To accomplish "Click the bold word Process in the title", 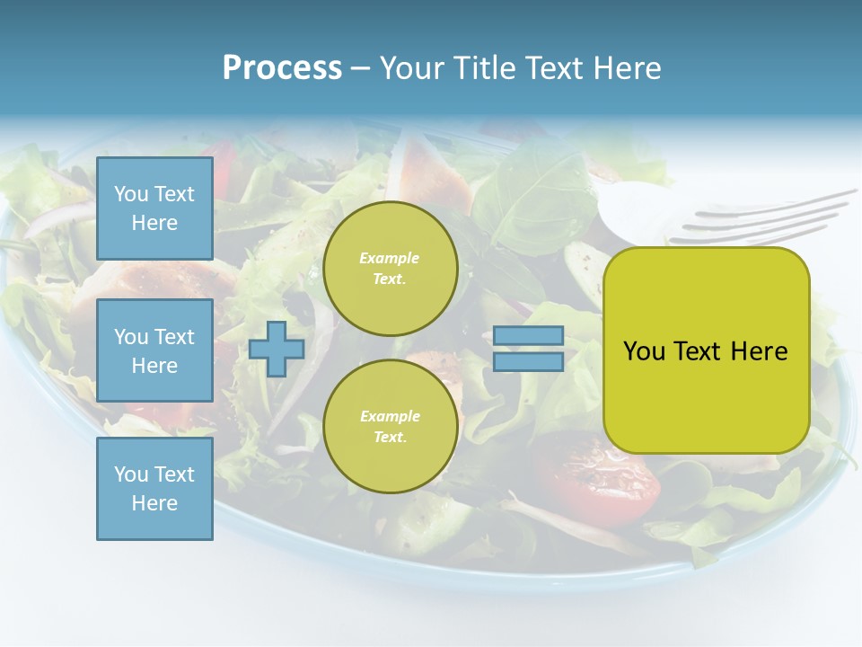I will pos(282,68).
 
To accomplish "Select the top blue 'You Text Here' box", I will pos(154,208).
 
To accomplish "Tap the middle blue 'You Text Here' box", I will pos(154,350).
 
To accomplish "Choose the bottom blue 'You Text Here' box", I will pos(154,489).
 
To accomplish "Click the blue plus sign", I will pos(277,350).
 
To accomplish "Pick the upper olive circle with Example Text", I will pos(390,269).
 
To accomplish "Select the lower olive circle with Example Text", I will pos(390,427).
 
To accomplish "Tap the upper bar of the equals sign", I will pos(529,336).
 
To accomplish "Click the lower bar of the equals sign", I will pos(529,362).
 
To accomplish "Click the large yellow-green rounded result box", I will pos(706,350).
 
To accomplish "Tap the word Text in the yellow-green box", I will pos(698,351).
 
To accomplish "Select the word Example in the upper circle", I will pos(390,258).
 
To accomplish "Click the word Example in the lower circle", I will pos(390,416).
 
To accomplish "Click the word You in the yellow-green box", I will pos(644,351).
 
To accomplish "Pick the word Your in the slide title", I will pos(410,68).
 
